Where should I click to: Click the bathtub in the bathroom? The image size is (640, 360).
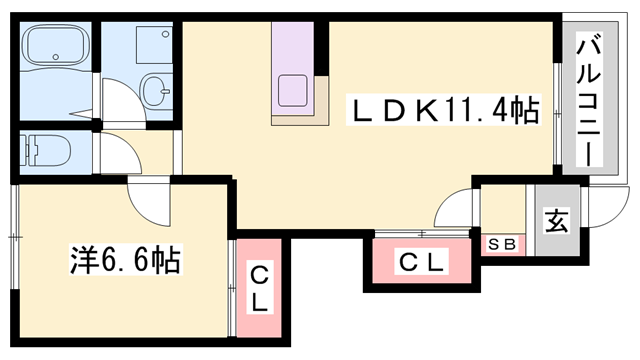pos(56,50)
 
